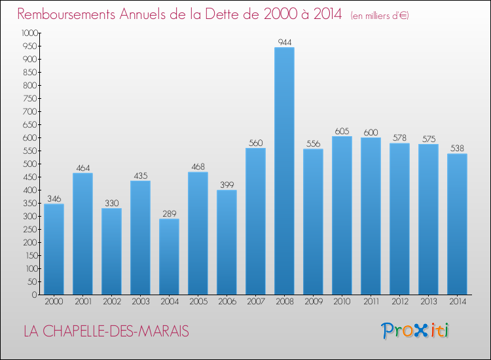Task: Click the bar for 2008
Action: (x=284, y=171)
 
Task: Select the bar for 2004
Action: (x=169, y=257)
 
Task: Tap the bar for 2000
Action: (x=54, y=249)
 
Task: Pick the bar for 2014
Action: (x=457, y=224)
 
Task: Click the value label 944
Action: (x=284, y=42)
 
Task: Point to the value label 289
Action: (x=169, y=213)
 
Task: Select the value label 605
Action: (x=342, y=131)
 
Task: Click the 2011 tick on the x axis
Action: (x=371, y=302)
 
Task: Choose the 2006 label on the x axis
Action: (x=227, y=302)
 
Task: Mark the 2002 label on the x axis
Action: (x=111, y=302)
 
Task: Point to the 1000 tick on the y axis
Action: (x=29, y=33)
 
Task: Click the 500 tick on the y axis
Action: (x=31, y=164)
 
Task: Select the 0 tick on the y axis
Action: (x=36, y=295)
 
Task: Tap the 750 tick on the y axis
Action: (x=31, y=98)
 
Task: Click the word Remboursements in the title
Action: (x=69, y=14)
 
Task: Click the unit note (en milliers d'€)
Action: (x=379, y=15)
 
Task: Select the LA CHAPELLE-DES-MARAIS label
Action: (x=106, y=331)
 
